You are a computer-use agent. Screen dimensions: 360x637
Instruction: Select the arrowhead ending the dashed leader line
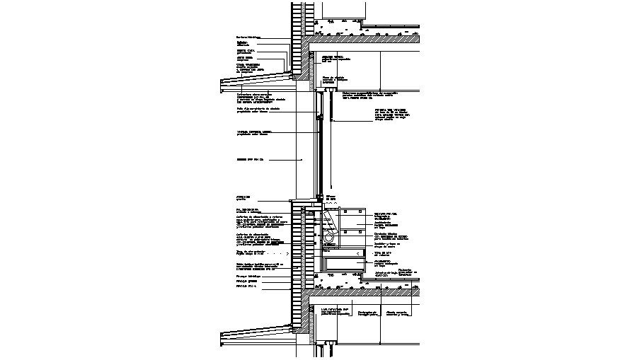292,253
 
